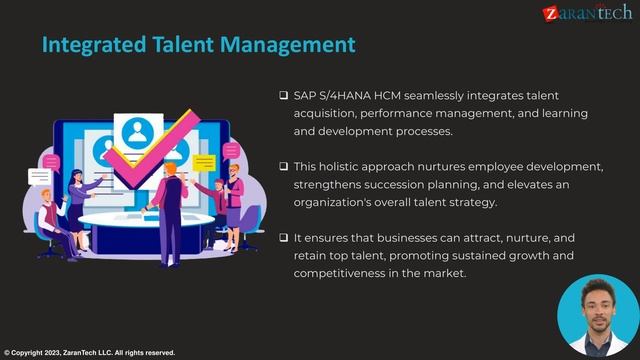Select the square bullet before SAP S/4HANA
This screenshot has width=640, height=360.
tap(284, 96)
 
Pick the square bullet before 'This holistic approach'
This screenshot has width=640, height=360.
tap(284, 166)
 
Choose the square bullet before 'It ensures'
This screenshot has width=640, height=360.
tap(284, 239)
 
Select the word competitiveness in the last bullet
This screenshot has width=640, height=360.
tap(341, 275)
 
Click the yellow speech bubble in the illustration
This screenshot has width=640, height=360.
tap(204, 162)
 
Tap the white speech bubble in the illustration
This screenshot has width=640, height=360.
tap(40, 177)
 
